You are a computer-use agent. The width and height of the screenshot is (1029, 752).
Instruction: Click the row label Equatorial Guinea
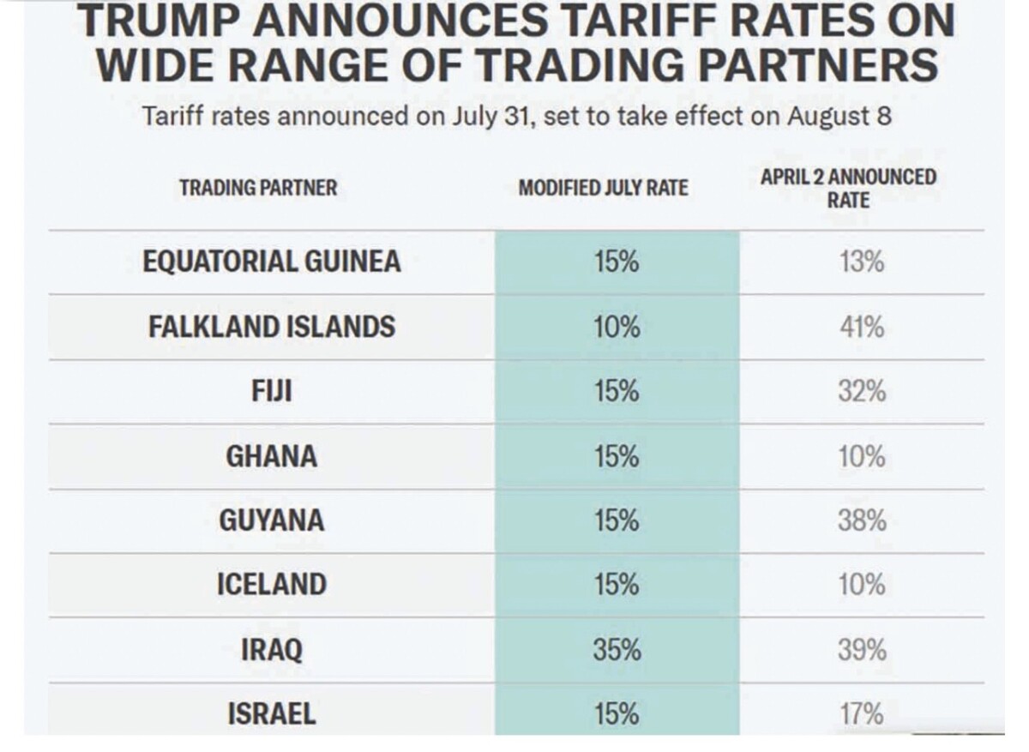click(x=271, y=262)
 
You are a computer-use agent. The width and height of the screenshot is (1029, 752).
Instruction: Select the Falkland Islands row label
click(x=271, y=327)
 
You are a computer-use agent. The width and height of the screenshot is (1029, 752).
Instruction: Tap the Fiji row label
click(x=271, y=392)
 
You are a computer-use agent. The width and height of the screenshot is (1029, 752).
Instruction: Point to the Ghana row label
click(x=271, y=456)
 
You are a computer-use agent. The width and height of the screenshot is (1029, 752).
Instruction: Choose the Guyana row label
click(x=271, y=520)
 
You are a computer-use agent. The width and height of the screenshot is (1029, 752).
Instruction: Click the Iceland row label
click(x=271, y=585)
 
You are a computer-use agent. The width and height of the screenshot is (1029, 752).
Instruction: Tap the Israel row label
click(x=271, y=714)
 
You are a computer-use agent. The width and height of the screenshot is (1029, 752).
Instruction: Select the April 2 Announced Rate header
click(x=848, y=189)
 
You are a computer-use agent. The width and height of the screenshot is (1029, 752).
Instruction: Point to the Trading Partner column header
click(x=258, y=188)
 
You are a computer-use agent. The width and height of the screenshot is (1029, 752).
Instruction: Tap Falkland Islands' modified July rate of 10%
click(x=617, y=327)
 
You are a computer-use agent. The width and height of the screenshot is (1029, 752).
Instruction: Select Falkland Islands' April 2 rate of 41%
click(x=862, y=327)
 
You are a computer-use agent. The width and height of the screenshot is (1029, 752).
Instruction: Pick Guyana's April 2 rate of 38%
click(x=862, y=520)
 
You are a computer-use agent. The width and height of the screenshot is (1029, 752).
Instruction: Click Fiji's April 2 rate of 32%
click(x=862, y=392)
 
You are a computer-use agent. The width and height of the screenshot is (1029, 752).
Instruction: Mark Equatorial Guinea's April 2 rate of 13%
click(x=862, y=262)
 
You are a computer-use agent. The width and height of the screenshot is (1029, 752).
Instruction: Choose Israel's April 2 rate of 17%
click(x=862, y=714)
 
